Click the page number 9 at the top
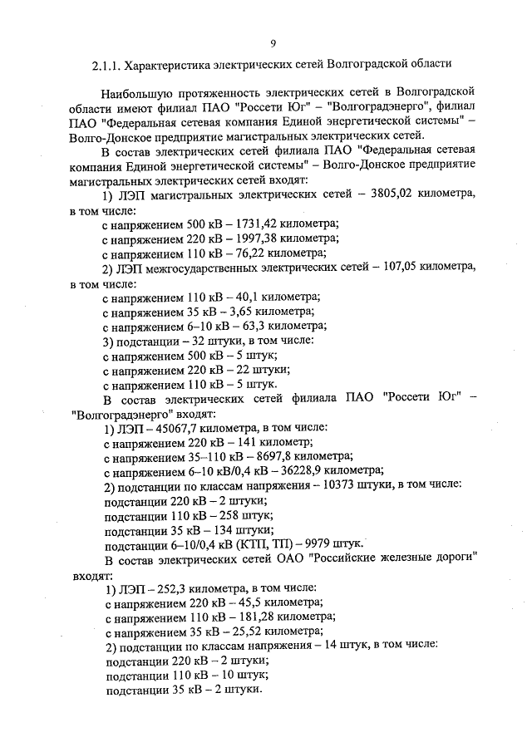273,43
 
